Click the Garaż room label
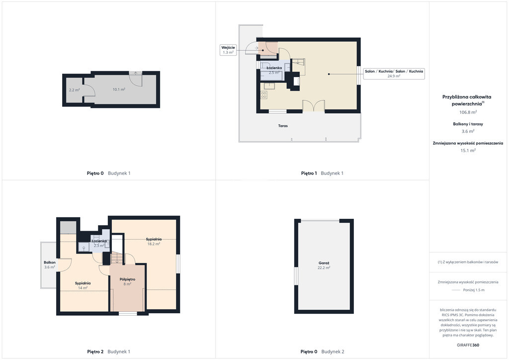pos(324,265)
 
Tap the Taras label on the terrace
pos(283,126)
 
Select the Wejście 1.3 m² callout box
pos(228,50)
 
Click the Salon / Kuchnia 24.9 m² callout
pos(394,74)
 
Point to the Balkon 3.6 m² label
pos(50,265)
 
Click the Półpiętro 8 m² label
pos(127,281)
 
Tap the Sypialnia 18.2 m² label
pos(154,242)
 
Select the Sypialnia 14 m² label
pos(83,285)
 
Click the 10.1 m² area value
pos(119,90)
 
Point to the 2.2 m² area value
pos(75,90)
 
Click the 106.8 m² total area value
pos(468,112)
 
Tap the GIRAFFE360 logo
pos(468,345)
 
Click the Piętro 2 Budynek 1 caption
pos(108,352)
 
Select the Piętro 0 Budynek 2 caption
pos(322,352)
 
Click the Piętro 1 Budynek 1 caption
pos(322,174)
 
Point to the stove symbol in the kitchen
pos(264,95)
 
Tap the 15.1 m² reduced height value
pos(468,150)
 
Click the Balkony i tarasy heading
pos(468,124)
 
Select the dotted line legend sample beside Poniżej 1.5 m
pos(456,290)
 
